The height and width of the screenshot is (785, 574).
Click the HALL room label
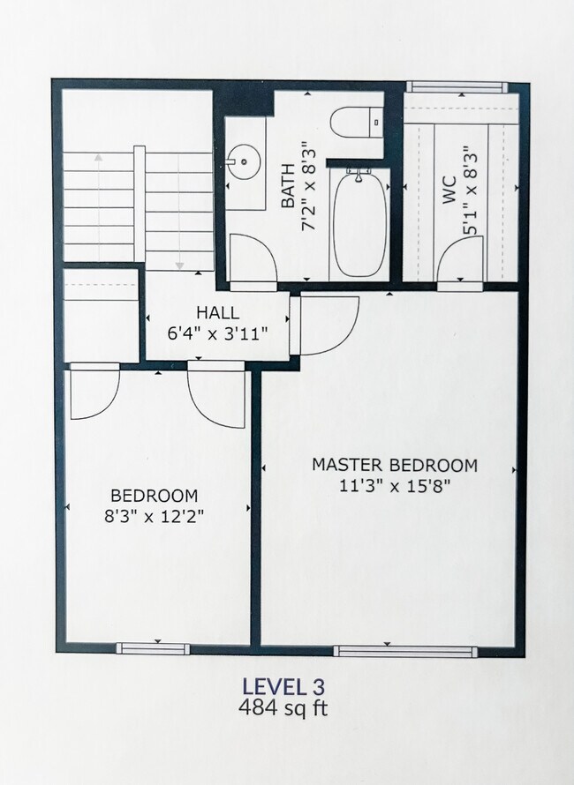[x=217, y=312]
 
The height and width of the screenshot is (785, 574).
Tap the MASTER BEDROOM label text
[x=395, y=465]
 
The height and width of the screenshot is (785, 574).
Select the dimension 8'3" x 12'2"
[x=155, y=516]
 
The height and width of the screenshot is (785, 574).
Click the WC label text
[x=449, y=190]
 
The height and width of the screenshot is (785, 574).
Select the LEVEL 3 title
[x=283, y=686]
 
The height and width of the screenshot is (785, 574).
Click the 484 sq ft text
[x=283, y=708]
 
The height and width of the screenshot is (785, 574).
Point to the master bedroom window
[x=405, y=651]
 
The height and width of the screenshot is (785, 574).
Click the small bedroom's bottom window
[x=154, y=648]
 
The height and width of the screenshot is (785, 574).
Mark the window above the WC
[x=457, y=86]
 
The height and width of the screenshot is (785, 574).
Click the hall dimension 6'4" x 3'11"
[x=217, y=333]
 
